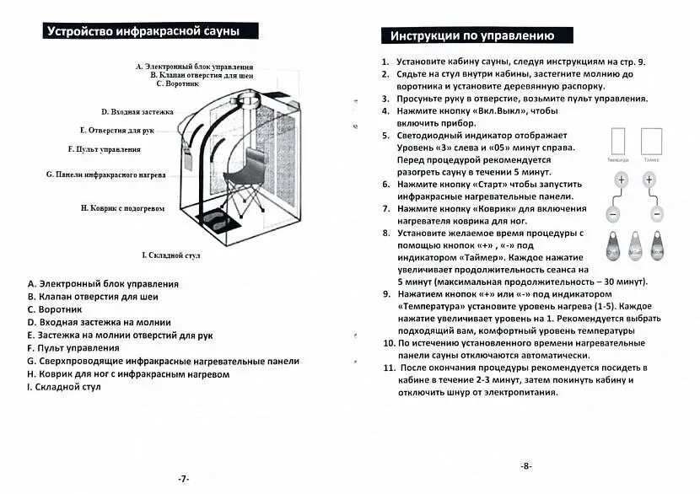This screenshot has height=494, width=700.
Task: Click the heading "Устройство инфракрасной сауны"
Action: point(143,31)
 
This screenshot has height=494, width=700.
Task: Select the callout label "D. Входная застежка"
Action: point(137,111)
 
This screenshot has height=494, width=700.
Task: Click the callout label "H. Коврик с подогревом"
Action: point(122,207)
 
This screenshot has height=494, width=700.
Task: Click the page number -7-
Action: point(184,478)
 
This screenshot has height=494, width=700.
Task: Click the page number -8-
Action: point(525,465)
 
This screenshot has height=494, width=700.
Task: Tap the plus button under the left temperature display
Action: point(622,180)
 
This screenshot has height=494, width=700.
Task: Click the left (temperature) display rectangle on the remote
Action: point(617,141)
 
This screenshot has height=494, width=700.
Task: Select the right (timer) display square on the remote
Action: point(651,141)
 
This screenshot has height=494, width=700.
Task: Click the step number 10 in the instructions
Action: point(387,343)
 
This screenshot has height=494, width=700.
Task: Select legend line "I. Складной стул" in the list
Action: point(63,387)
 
